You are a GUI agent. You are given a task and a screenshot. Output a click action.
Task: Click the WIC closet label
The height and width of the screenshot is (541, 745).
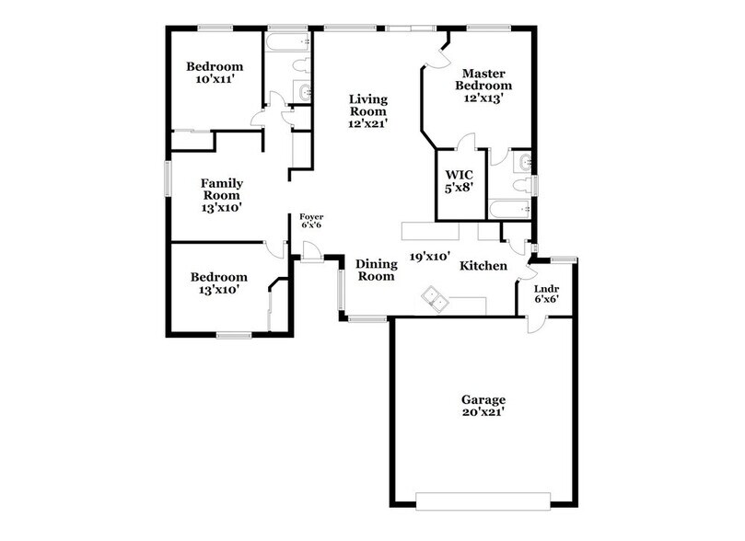[458, 174]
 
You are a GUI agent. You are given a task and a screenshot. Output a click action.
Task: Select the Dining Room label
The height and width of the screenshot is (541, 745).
[376, 270]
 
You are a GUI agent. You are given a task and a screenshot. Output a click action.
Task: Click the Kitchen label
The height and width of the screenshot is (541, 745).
[483, 265]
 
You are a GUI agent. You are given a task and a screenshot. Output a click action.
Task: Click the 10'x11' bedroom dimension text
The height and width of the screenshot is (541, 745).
[214, 80]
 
